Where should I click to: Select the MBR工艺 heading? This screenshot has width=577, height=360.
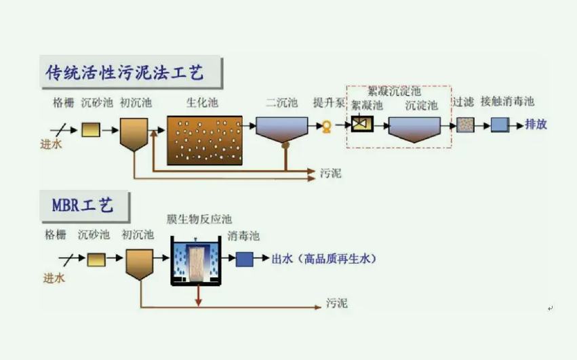pos(83,205)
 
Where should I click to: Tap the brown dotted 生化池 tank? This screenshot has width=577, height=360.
pos(204,140)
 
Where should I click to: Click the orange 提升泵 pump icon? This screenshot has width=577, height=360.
pos(326,126)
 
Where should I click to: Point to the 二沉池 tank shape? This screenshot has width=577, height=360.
pos(281,129)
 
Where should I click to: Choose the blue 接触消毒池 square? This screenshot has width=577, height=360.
pos(500,125)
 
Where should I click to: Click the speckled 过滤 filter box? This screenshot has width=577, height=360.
pos(464,125)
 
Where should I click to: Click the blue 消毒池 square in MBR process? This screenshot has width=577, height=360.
pos(244,259)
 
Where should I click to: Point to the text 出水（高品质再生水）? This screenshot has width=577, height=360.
pos(323,259)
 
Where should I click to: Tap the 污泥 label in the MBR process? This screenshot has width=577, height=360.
pos(336,302)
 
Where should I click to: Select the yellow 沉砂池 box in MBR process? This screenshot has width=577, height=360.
pos(96,259)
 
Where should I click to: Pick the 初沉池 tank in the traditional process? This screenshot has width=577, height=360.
pos(134,132)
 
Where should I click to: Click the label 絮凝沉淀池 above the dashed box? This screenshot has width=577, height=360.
pos(394,91)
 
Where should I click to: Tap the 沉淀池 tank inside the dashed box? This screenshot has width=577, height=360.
pos(414,128)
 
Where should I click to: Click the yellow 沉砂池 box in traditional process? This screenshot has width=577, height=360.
pos(90,129)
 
